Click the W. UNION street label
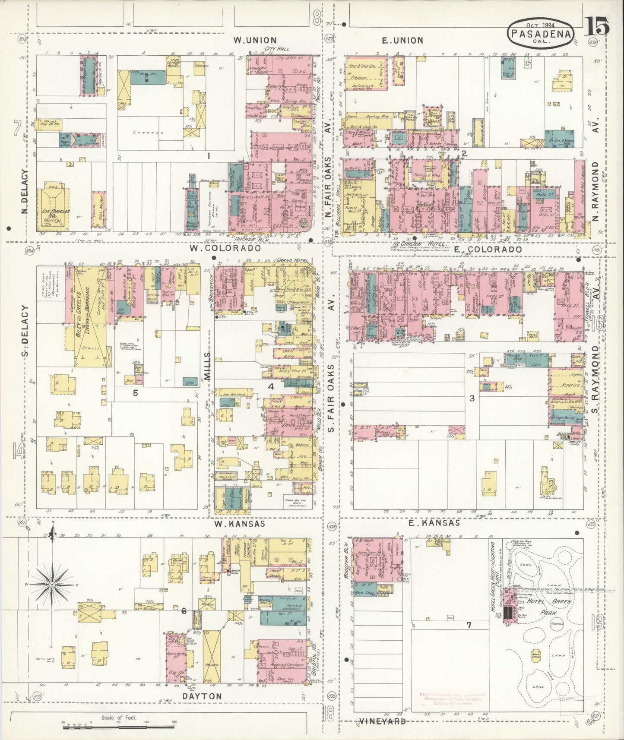coord(254,40)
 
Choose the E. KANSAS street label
coord(439,523)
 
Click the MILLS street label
coord(208,365)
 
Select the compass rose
coord(52,585)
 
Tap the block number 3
coord(472,398)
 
